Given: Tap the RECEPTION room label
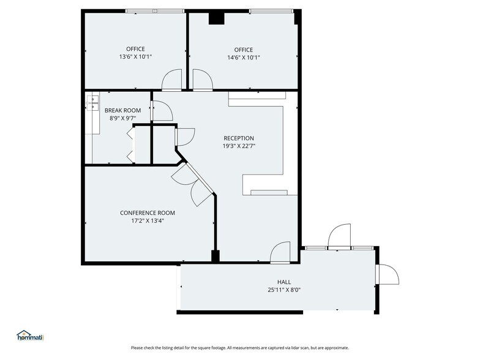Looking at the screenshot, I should (x=238, y=138).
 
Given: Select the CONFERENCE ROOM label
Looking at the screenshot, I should (x=147, y=213).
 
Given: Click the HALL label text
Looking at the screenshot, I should (x=283, y=282).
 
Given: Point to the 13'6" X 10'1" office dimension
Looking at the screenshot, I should (x=135, y=57).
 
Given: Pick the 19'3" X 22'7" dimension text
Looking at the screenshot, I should (x=238, y=146).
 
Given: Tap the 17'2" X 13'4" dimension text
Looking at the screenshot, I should (x=147, y=221).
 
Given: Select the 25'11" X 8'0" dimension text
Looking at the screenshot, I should (x=283, y=290).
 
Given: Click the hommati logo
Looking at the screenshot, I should (x=32, y=336).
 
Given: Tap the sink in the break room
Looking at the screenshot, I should (x=94, y=103).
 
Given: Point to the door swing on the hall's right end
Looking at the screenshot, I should (x=388, y=274).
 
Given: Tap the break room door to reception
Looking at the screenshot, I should (x=161, y=110).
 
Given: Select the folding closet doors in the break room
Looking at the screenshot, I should (x=132, y=146).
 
